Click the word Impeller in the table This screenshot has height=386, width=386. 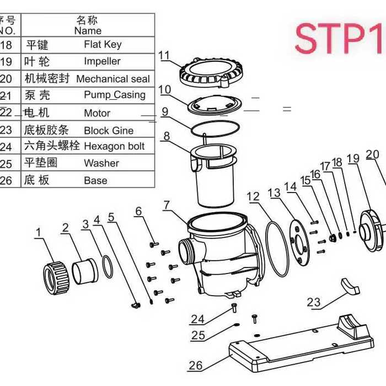(x=102, y=61)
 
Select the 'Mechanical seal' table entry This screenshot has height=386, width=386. (x=112, y=79)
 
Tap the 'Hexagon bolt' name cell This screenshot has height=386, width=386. (x=114, y=146)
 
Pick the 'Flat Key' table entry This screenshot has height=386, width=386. (x=103, y=44)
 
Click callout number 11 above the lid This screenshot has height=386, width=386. (x=164, y=55)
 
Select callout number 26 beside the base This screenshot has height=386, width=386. (x=195, y=364)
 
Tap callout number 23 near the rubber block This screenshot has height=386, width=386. (x=313, y=302)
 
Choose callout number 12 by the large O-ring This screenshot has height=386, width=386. (x=253, y=196)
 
